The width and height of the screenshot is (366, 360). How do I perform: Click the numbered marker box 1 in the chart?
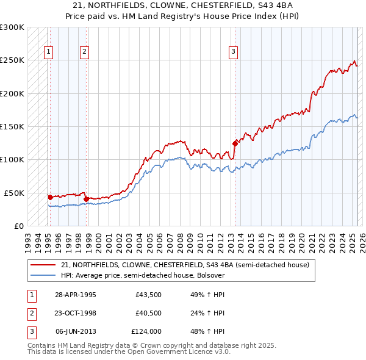(48, 52)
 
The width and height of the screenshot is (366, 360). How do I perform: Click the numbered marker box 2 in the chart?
(84, 52)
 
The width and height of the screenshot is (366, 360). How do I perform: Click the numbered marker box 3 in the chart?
(233, 52)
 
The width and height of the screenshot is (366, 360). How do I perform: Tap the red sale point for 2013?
(235, 143)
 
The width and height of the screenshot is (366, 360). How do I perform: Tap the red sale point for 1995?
(50, 197)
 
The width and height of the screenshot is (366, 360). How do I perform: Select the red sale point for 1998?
(86, 199)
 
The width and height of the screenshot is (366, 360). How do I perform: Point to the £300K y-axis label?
(12, 27)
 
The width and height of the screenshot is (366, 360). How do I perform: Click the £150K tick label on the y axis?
(12, 126)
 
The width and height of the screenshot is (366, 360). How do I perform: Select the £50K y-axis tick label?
(15, 193)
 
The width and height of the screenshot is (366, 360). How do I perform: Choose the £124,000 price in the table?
(146, 331)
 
